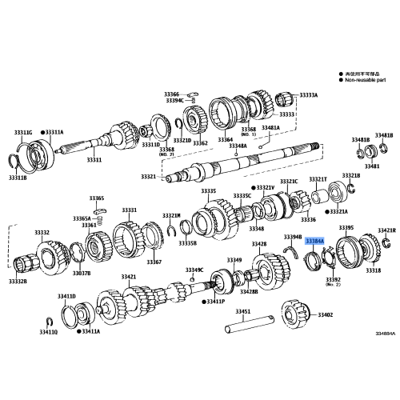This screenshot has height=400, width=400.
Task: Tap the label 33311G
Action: coord(23,131)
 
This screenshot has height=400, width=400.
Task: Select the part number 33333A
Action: coord(308,95)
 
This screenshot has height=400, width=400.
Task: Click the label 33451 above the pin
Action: coord(242,310)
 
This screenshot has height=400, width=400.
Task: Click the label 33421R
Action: coord(386,230)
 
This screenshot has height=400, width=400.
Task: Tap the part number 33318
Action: coord(373,271)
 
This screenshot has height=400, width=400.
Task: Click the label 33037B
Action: coord(81,273)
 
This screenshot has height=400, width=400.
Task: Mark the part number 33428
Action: coord(259,243)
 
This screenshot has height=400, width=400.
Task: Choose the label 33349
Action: coord(233,260)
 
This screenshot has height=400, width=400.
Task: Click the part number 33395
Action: coord(346,228)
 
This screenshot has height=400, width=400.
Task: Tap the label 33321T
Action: coord(318,179)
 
